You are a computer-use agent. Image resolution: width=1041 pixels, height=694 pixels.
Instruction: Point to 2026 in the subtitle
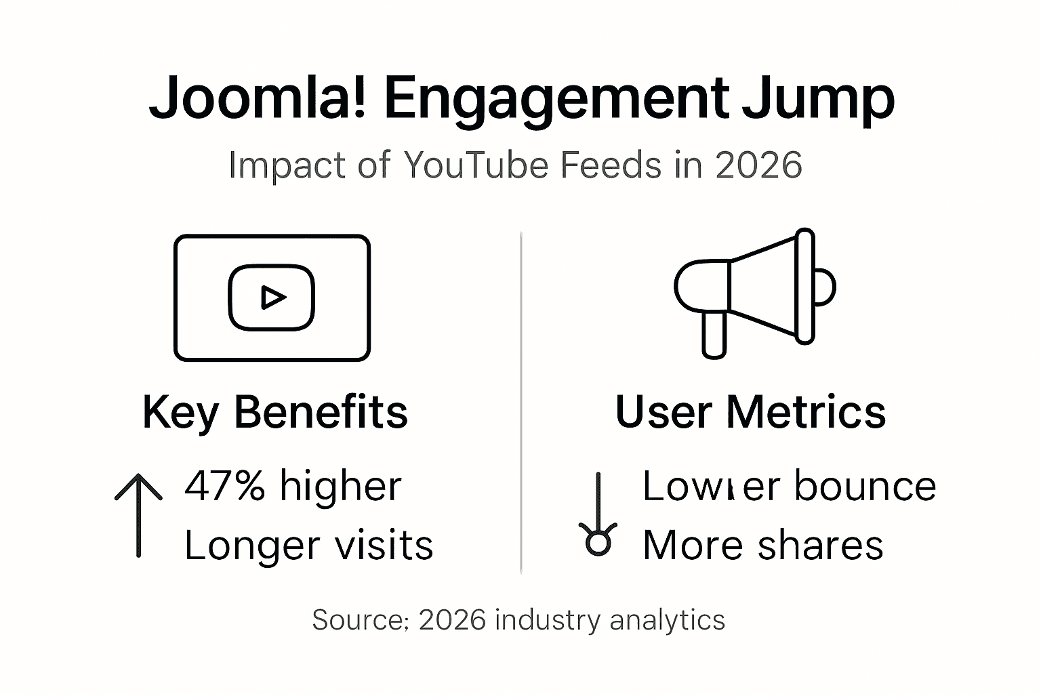(x=758, y=165)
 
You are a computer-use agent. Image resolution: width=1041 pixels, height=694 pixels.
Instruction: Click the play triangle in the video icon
(x=272, y=298)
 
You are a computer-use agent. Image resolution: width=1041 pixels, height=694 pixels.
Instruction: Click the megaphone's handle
(x=714, y=334)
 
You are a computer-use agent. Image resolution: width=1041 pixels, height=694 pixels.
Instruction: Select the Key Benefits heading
(x=275, y=412)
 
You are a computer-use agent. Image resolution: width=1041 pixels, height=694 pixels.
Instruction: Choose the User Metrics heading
(x=750, y=412)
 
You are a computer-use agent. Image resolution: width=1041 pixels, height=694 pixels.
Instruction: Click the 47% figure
(x=224, y=486)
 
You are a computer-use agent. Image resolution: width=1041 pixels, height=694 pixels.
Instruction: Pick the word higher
(x=341, y=486)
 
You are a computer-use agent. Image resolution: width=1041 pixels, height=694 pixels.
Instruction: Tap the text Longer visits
(x=308, y=545)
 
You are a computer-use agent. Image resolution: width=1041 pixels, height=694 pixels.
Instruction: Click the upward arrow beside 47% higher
(x=139, y=514)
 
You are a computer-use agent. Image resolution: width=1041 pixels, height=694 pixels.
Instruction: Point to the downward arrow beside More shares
(x=598, y=515)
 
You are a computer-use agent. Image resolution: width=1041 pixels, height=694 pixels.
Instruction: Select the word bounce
(x=865, y=486)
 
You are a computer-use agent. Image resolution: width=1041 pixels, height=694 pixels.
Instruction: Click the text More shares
(x=762, y=545)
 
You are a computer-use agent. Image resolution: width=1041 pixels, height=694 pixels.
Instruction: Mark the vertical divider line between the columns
(x=520, y=403)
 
